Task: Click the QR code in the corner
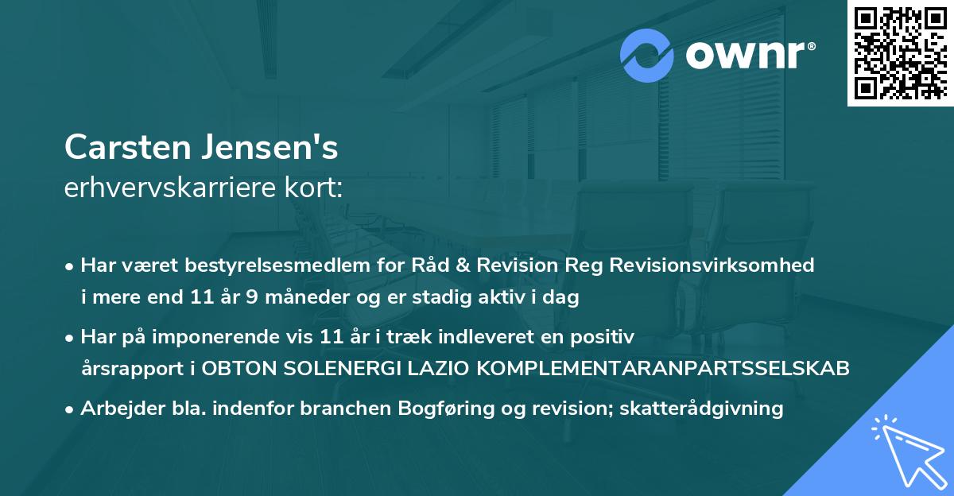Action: tap(900, 53)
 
